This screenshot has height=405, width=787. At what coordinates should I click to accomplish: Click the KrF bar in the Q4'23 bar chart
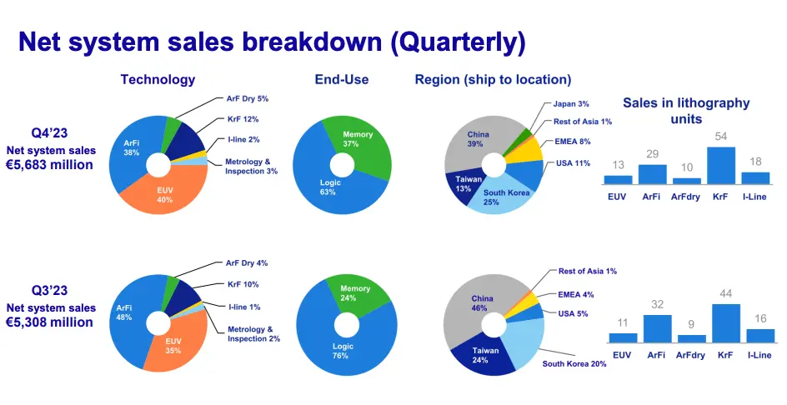tap(721, 166)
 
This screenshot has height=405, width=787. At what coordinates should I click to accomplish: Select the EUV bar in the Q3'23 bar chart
tap(623, 337)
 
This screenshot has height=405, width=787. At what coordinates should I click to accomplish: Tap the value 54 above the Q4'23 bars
tap(721, 137)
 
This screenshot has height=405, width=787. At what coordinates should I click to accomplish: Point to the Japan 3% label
tap(571, 104)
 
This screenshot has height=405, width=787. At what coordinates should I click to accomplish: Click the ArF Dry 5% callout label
tap(248, 99)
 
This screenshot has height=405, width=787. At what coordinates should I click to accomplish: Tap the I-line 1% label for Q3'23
tap(244, 307)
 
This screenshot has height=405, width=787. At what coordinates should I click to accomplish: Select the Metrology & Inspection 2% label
tap(254, 333)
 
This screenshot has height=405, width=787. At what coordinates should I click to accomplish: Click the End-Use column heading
tap(342, 79)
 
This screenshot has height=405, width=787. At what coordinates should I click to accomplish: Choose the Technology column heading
tap(158, 79)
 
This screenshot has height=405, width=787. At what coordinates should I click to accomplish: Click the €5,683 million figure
tap(50, 165)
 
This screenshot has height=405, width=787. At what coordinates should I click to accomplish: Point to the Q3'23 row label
tap(50, 290)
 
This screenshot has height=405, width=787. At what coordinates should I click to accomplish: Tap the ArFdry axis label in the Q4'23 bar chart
tap(685, 197)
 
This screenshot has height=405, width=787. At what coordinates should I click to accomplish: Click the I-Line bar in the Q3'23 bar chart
tap(760, 336)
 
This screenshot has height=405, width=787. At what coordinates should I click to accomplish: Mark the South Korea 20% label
tap(574, 363)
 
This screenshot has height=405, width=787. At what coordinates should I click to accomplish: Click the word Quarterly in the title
tap(459, 42)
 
